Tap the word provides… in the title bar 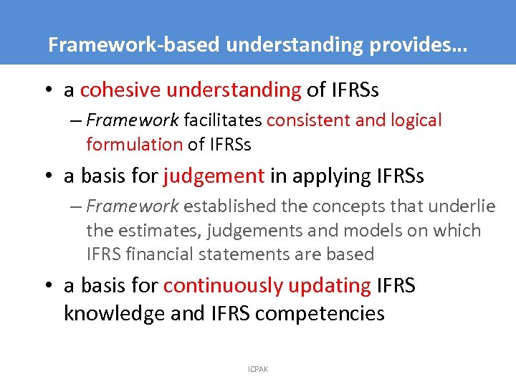click(428, 45)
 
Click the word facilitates click(222, 120)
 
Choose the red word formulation click(134, 144)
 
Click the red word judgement click(214, 176)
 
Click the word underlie click(460, 206)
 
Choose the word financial click(165, 254)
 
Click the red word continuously click(223, 286)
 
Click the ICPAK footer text click(257, 370)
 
